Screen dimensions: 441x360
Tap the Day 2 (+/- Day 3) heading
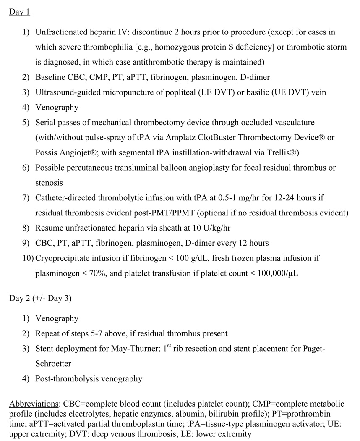[x=40, y=299]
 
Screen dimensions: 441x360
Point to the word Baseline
[x=49, y=77]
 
